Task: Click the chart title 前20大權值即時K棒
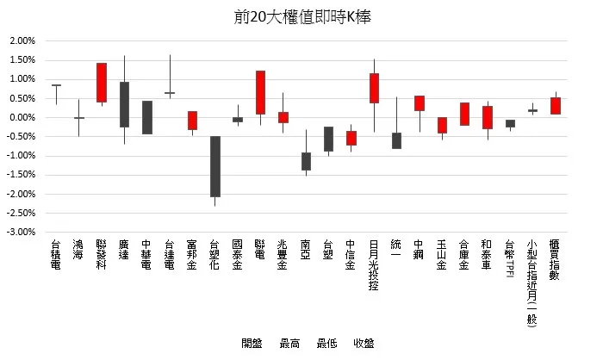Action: pos(301,16)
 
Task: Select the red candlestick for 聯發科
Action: pos(102,83)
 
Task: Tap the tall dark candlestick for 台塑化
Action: pos(214,166)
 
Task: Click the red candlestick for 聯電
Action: pos(260,92)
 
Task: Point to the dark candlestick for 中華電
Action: pos(147,117)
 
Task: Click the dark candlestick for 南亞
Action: pos(306,161)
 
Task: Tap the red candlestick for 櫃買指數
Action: pos(556,105)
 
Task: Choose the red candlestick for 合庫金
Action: pos(464,114)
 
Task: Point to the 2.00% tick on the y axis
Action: pos(22,40)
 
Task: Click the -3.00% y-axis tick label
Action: pos(22,232)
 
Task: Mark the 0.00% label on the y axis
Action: pos(22,117)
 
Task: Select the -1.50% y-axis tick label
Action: pos(22,175)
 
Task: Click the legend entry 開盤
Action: pos(252,343)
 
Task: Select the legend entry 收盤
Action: pos(364,343)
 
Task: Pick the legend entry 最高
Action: pos(289,343)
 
